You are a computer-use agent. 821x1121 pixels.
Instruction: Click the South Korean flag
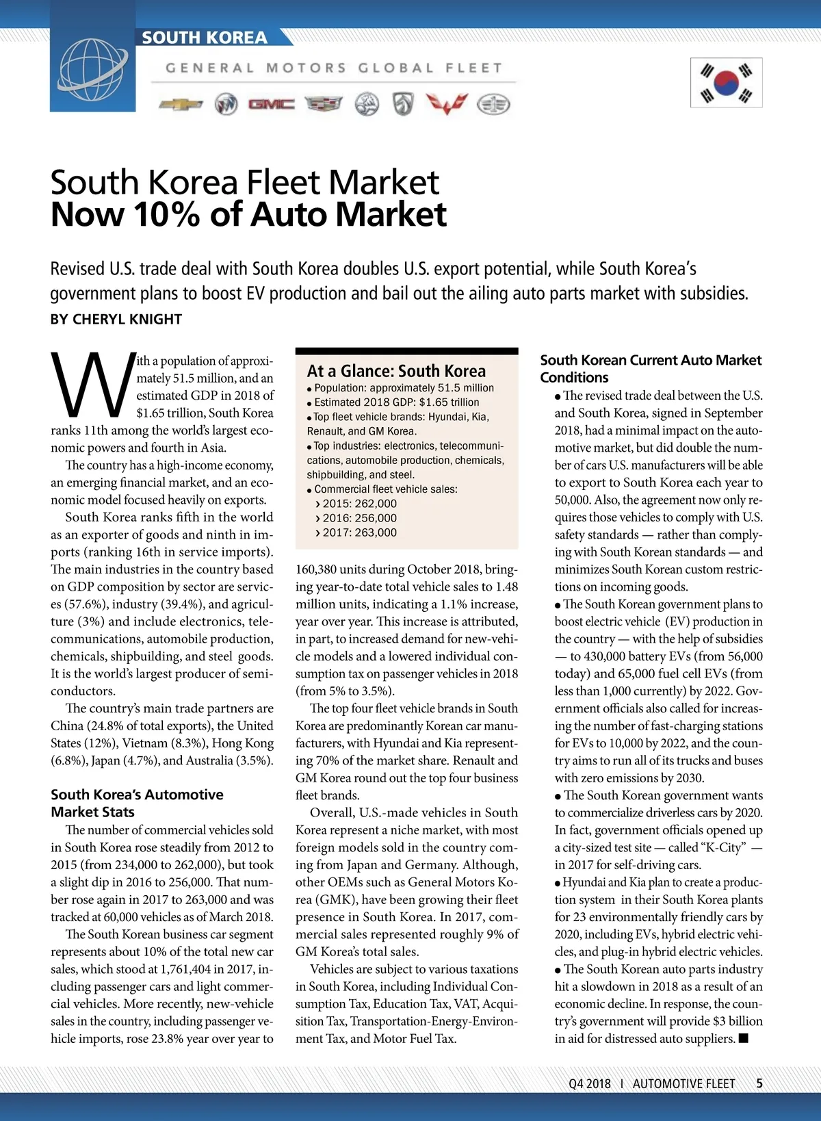726,83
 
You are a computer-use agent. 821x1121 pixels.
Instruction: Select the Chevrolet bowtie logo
181,104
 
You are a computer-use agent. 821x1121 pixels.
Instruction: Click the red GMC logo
272,104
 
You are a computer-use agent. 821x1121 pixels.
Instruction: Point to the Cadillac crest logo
323,104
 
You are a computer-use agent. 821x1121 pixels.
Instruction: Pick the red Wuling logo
447,104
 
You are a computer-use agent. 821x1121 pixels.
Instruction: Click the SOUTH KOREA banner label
205,38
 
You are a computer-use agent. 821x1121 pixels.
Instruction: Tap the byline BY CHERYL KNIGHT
116,320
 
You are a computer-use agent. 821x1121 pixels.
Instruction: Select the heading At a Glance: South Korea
396,371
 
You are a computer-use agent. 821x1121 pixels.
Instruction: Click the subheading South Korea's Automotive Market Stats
137,803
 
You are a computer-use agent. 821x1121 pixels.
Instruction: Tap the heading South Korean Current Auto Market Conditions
650,368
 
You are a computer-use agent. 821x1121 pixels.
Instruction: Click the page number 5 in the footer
759,1083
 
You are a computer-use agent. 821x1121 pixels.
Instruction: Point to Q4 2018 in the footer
589,1084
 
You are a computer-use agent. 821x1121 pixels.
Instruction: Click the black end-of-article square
744,1038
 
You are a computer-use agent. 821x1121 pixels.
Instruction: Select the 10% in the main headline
167,215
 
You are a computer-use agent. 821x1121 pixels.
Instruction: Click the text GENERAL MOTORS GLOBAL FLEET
334,68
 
